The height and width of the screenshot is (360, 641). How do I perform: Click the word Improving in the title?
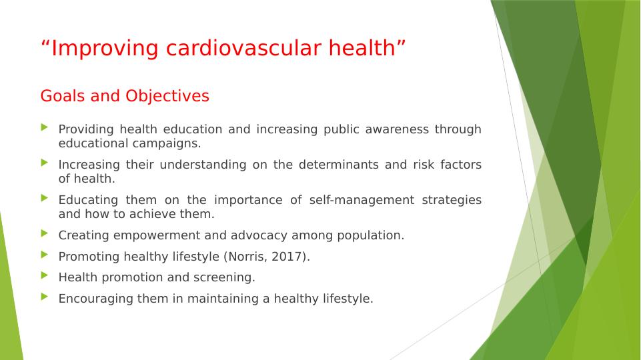(x=105, y=49)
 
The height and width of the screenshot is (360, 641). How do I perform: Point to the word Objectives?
(x=167, y=96)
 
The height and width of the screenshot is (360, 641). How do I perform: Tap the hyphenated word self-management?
(x=362, y=200)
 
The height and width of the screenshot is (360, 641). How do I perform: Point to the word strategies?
(x=452, y=200)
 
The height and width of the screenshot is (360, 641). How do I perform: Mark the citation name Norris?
(x=247, y=257)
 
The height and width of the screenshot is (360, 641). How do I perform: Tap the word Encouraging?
(x=95, y=299)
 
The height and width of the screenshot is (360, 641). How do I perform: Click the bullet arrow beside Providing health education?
(x=45, y=127)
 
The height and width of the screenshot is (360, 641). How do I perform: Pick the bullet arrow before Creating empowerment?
(x=45, y=233)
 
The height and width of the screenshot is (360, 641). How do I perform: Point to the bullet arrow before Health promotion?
(x=45, y=275)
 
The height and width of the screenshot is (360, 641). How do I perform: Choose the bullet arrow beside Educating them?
(x=45, y=198)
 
